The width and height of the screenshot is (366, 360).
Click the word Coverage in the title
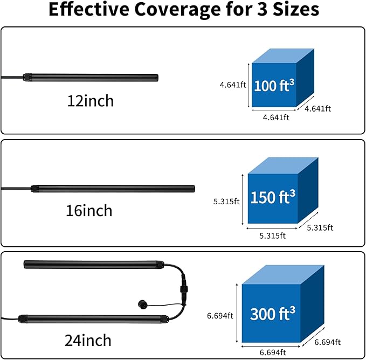(x=177, y=10)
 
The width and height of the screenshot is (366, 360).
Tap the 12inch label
(x=91, y=101)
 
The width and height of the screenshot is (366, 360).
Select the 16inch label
(x=89, y=210)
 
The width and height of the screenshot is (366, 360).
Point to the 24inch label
(x=88, y=340)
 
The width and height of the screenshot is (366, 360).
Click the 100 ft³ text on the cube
(x=274, y=85)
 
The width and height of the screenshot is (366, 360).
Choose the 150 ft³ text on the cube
(x=273, y=197)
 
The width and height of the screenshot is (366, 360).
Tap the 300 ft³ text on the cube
(x=273, y=313)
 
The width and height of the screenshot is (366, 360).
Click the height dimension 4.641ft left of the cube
(x=233, y=85)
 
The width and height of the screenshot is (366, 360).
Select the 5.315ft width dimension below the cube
(x=272, y=236)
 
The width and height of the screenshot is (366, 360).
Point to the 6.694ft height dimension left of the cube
(x=220, y=316)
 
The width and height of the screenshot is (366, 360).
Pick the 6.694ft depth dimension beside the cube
(x=328, y=342)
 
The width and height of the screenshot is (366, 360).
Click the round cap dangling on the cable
(x=142, y=304)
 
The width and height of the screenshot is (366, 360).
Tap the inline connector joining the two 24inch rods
(x=184, y=289)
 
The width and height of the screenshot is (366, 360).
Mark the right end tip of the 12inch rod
(x=158, y=78)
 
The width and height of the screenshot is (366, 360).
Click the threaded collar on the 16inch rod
(x=35, y=189)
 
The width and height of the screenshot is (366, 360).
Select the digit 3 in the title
(x=262, y=10)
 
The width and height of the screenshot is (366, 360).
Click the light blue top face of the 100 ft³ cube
(x=283, y=56)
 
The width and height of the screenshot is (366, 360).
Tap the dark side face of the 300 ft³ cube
(x=312, y=304)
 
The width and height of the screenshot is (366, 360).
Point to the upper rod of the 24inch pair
(x=94, y=265)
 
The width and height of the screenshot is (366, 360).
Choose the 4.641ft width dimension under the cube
(x=276, y=117)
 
